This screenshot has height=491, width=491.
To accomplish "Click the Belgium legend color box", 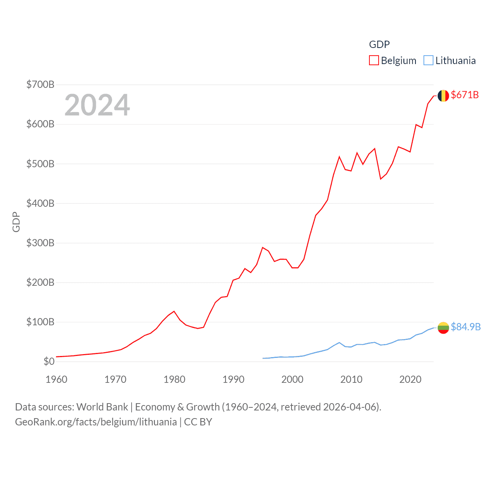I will pyautogui.click(x=374, y=61).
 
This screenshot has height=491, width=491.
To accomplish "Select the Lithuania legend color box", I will pyautogui.click(x=428, y=61).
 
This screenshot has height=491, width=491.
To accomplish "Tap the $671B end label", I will pyautogui.click(x=465, y=95).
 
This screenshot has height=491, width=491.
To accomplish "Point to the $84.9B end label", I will pyautogui.click(x=465, y=327).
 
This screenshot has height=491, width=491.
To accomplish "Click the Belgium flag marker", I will pyautogui.click(x=443, y=96).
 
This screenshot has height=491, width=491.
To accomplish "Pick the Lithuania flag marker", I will pyautogui.click(x=443, y=328).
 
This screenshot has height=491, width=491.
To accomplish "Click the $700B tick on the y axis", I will pyautogui.click(x=40, y=84).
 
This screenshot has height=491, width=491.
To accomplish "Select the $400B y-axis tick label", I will pyautogui.click(x=40, y=203).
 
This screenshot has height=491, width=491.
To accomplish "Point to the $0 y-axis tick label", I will pyautogui.click(x=49, y=361).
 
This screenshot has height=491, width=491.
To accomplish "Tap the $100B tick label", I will pyautogui.click(x=40, y=322).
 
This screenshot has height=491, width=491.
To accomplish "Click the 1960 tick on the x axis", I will pyautogui.click(x=56, y=379).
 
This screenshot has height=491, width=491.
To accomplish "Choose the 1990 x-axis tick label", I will pyautogui.click(x=233, y=379).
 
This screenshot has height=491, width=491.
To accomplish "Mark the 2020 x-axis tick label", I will pyautogui.click(x=410, y=379).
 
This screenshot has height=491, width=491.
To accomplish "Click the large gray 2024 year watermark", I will pyautogui.click(x=97, y=105).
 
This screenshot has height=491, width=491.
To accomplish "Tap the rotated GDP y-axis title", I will pyautogui.click(x=16, y=222).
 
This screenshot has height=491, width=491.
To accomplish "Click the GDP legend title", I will pyautogui.click(x=379, y=44).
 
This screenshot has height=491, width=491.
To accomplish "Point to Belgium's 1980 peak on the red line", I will pyautogui.click(x=174, y=311).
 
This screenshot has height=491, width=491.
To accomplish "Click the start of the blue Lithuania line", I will pyautogui.click(x=263, y=358).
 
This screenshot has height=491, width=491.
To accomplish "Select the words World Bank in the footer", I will pyautogui.click(x=102, y=407).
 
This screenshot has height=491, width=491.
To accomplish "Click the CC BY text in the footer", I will pyautogui.click(x=198, y=422).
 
